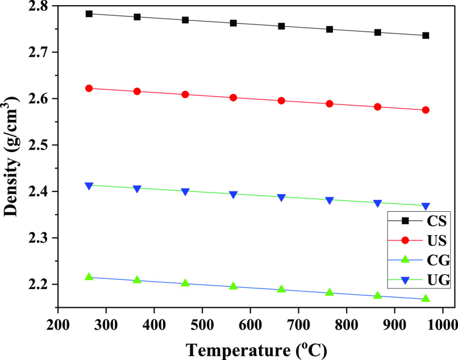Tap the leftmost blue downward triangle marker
[x=89, y=186]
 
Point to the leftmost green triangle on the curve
[x=89, y=277]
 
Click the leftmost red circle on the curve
[x=89, y=89]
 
